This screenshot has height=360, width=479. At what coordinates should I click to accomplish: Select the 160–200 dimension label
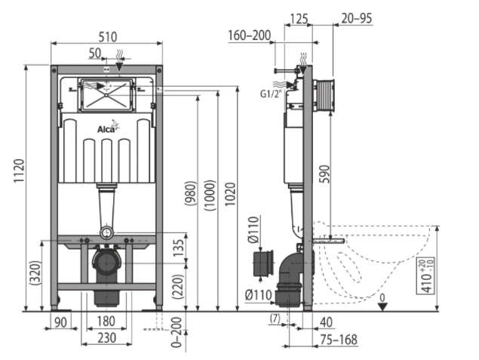[x=248, y=35]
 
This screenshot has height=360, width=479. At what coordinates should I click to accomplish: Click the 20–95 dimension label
[x=356, y=17]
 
